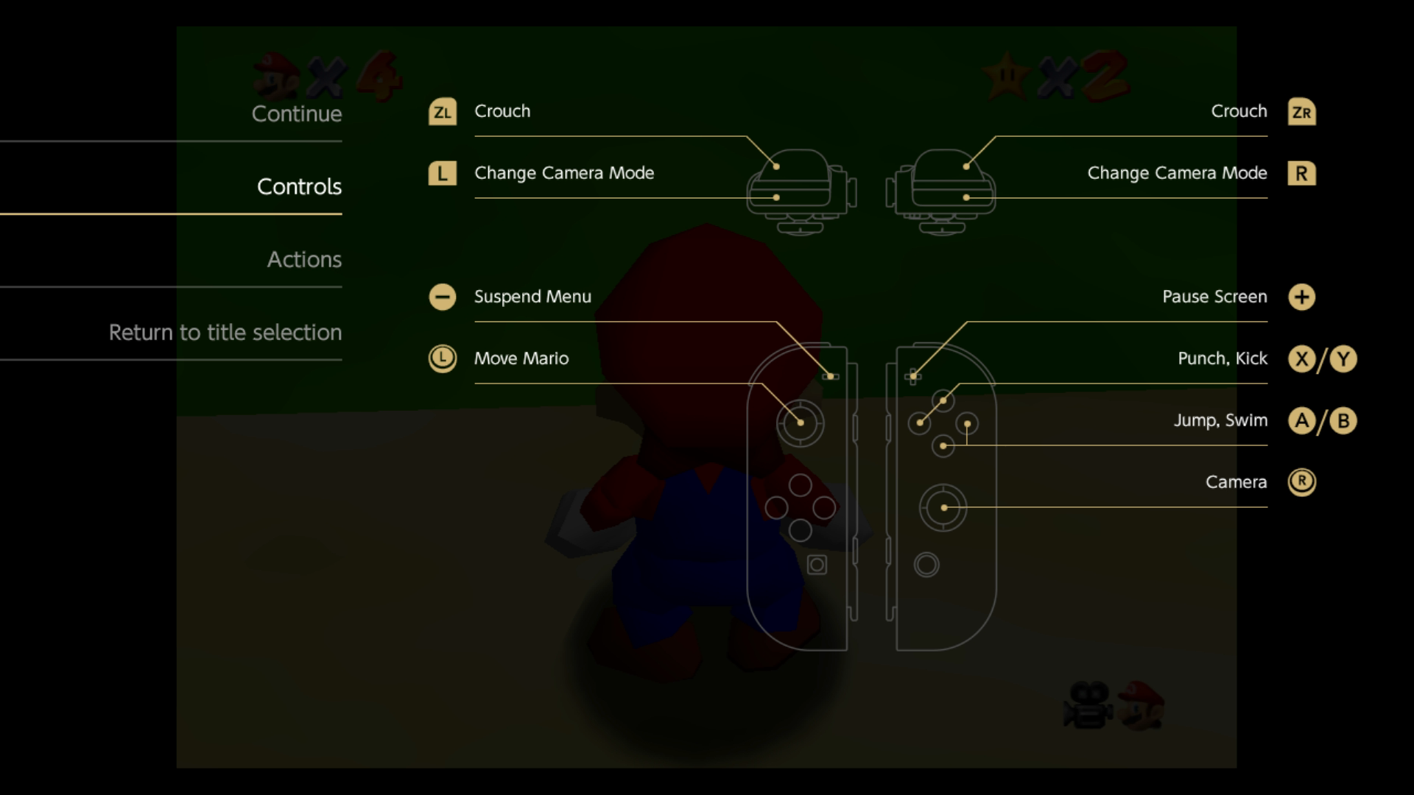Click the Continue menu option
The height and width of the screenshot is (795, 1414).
point(297,113)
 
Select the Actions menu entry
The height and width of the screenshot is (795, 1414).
point(304,259)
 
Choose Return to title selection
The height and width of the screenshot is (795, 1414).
point(225,332)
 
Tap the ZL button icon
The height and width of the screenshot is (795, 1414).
point(443,112)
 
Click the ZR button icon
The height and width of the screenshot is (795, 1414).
point(1301,112)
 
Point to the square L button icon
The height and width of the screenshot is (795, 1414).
point(443,174)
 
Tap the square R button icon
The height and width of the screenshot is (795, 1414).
point(1301,174)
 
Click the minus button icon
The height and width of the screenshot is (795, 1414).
point(443,297)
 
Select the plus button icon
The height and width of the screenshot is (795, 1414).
point(1301,297)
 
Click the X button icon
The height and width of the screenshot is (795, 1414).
point(1301,359)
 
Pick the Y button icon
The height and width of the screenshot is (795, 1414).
point(1343,359)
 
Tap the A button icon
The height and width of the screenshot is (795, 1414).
point(1301,421)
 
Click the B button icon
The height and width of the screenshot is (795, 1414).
point(1343,421)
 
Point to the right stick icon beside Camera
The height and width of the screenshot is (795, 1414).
point(1301,482)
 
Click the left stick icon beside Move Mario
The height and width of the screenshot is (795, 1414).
point(443,359)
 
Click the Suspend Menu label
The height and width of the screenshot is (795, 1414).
point(532,297)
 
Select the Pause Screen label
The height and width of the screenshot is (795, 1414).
point(1214,297)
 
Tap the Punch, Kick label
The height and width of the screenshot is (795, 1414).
point(1223,358)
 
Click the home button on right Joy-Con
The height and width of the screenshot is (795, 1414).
point(926,565)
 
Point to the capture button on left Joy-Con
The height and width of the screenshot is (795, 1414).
point(817,565)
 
